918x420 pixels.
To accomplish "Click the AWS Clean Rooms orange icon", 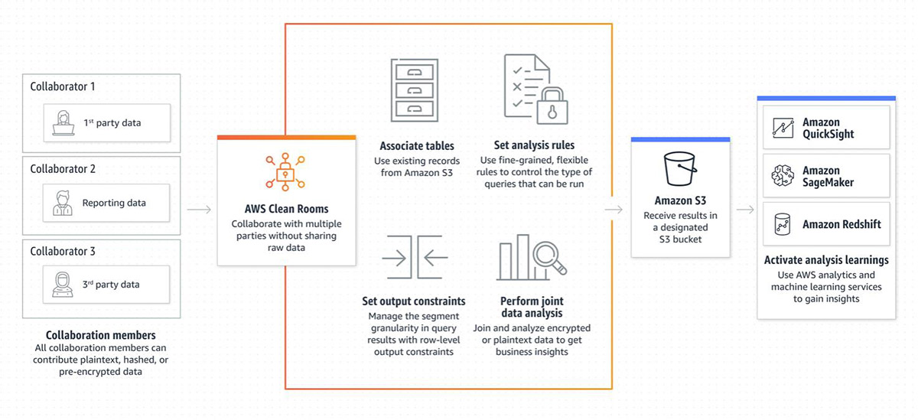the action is coord(285,172).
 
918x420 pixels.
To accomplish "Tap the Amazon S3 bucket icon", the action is coord(680,169).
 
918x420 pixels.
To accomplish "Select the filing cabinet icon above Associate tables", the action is coord(415,90).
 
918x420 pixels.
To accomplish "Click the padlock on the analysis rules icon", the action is coord(552,106).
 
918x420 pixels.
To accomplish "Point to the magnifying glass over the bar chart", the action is coord(550,258).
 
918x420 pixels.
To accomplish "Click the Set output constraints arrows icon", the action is coord(415,257).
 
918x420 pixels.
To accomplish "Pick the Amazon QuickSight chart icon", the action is coord(783,128).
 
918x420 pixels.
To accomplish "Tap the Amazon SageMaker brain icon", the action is coord(783,176).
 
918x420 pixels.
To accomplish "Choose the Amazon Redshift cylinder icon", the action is coord(783,224).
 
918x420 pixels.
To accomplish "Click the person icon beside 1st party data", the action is coord(63,123).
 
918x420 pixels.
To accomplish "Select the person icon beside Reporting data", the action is coord(62,203).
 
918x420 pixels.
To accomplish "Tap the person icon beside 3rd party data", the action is coord(62,285).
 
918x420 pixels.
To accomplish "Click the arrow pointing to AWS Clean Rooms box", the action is coord(199,210).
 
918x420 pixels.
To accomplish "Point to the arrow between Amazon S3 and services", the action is coord(745,210).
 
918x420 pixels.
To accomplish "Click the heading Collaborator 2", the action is coord(63,169).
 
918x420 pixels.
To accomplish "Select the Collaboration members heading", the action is coord(101,335).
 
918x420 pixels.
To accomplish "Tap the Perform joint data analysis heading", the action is coord(532,307).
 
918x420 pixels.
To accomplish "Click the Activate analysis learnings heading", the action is coord(826,260).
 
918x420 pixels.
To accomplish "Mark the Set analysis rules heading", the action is coord(534,145).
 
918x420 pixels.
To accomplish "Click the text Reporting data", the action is coord(114,203).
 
